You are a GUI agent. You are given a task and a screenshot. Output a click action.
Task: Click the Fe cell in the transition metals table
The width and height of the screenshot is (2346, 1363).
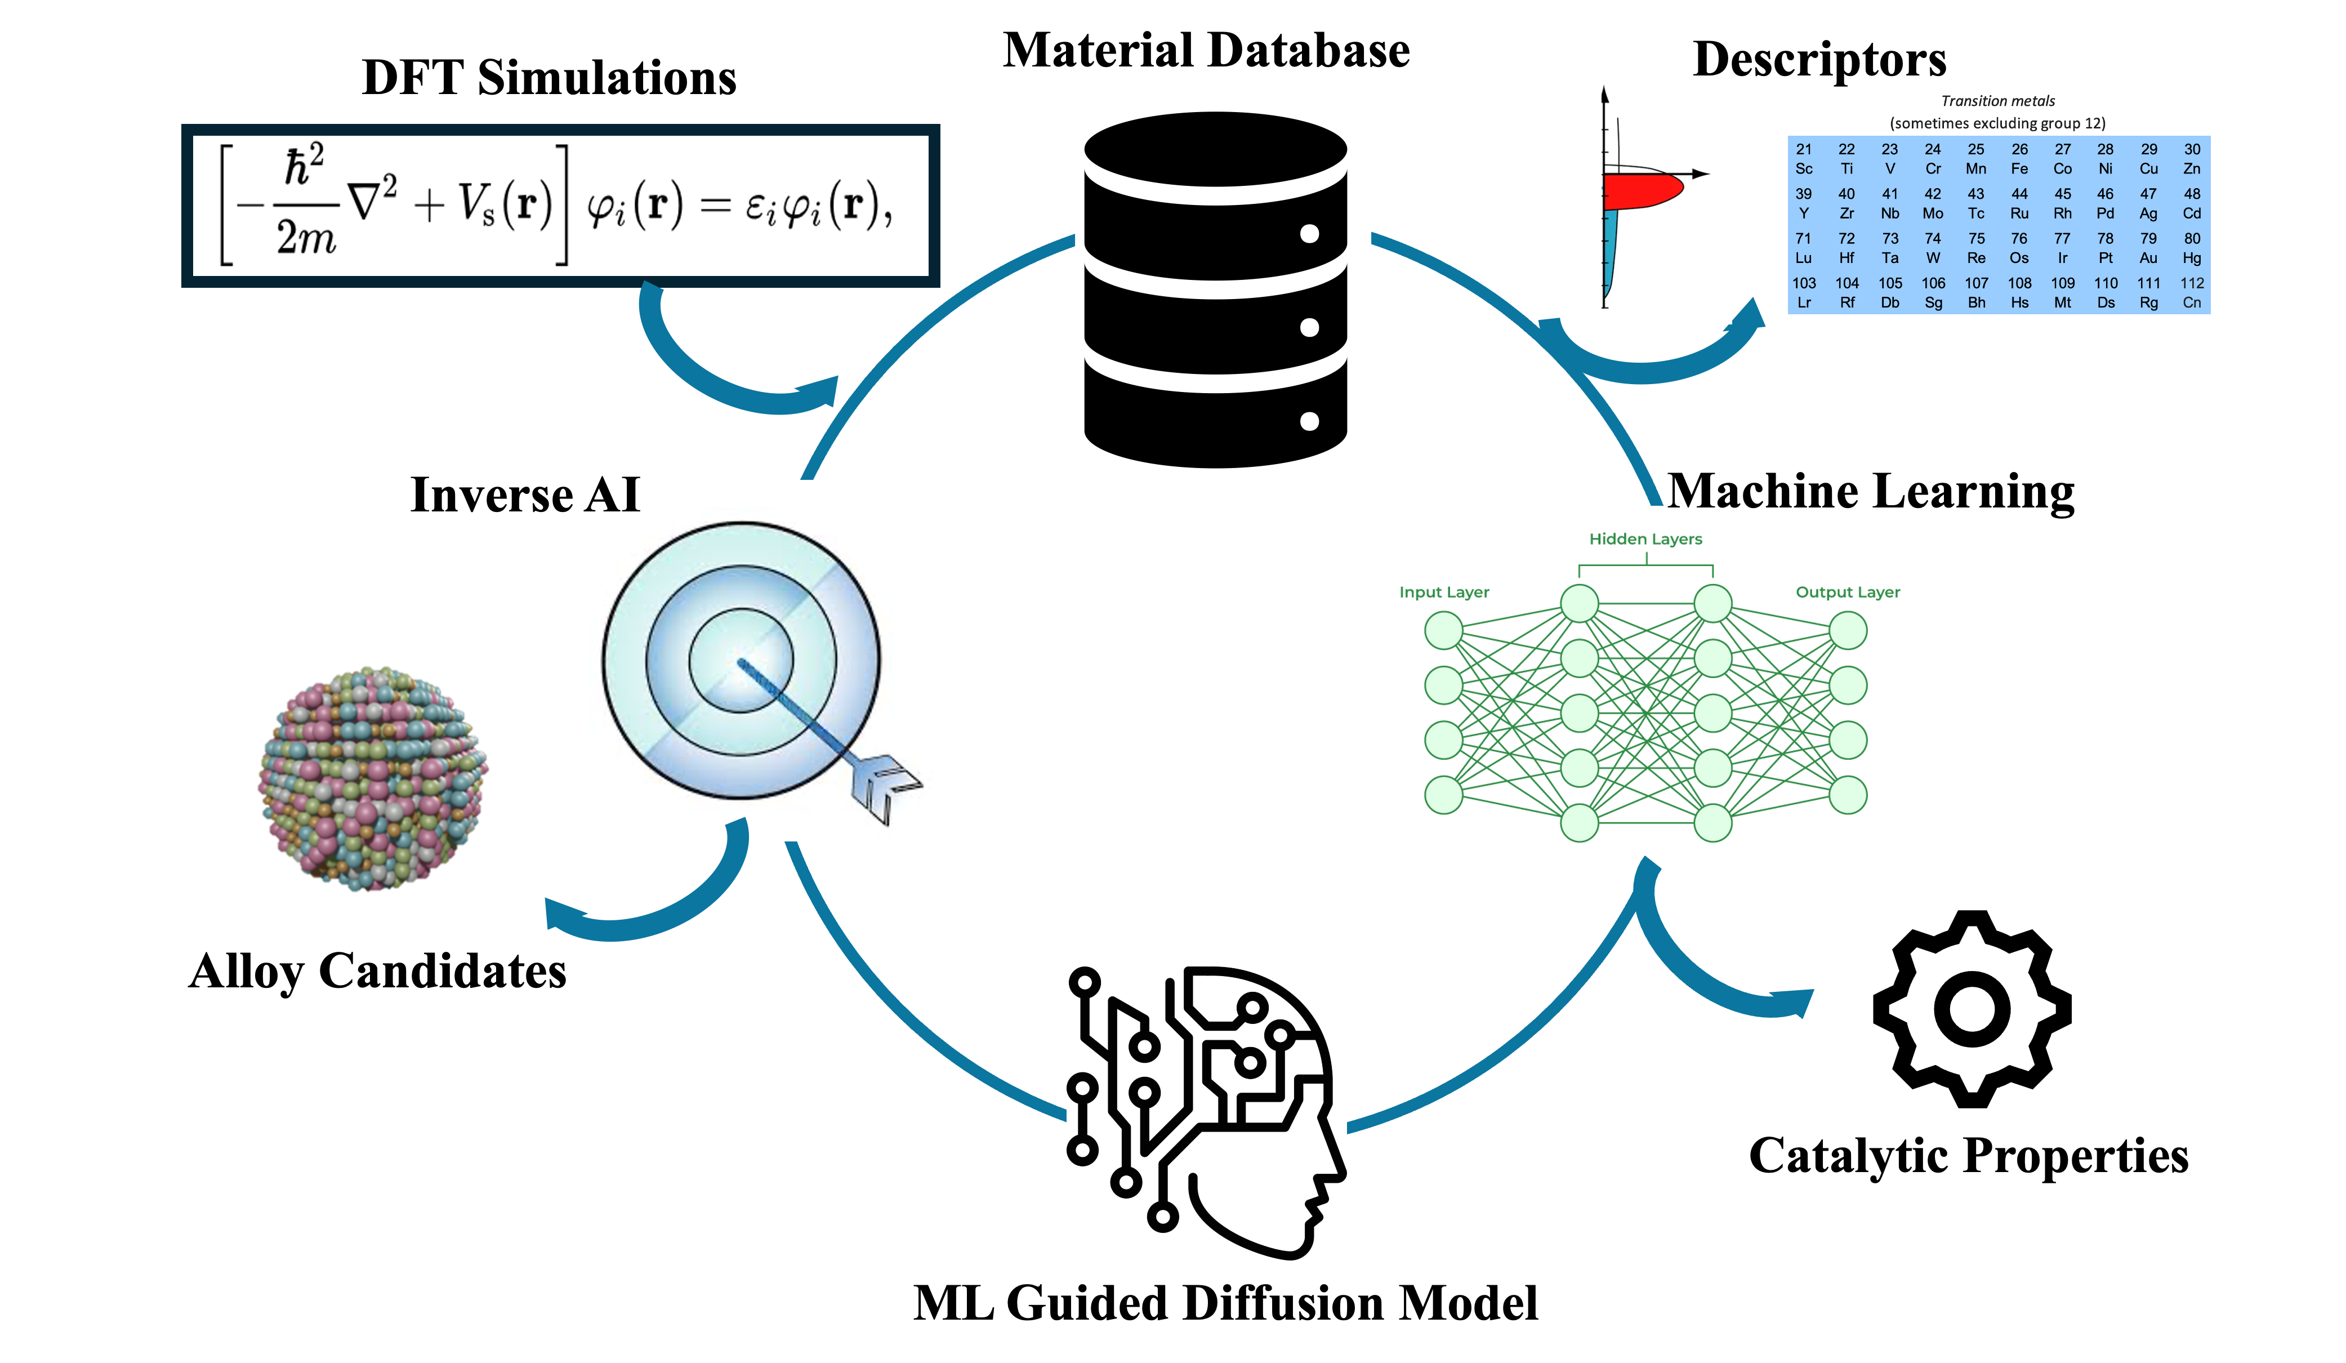[2019, 159]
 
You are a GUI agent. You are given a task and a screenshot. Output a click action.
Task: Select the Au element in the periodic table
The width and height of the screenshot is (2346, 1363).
[2149, 248]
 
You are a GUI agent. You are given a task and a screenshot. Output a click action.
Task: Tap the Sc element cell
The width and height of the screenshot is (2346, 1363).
[1804, 159]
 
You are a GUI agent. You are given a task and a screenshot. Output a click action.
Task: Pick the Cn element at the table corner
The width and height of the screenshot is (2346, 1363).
[2192, 293]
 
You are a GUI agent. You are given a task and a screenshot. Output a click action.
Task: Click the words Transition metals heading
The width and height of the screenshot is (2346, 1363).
[1998, 101]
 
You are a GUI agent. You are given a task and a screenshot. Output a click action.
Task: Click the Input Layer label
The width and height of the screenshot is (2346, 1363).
[1444, 592]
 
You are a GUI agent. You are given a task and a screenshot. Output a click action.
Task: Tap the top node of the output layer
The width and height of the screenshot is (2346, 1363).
[1848, 630]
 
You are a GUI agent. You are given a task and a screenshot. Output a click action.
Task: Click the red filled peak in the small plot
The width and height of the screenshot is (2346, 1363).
[1643, 191]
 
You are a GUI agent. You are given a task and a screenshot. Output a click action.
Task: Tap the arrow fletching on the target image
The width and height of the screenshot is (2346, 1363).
[885, 787]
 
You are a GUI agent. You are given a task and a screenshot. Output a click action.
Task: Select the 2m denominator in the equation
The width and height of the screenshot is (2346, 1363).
[305, 238]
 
